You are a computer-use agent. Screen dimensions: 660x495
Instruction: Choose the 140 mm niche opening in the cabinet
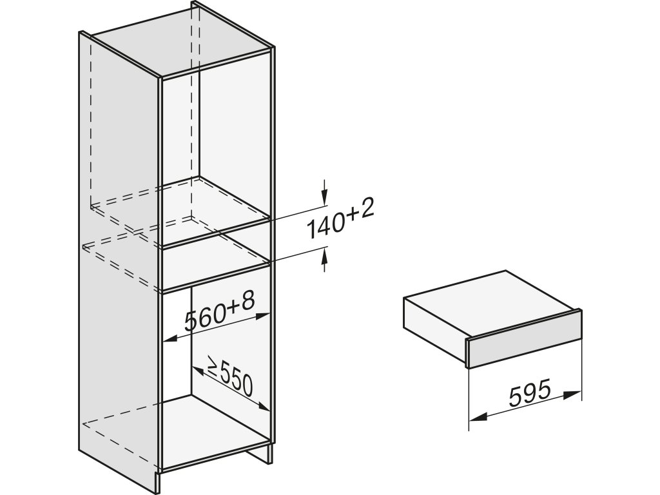216,267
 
